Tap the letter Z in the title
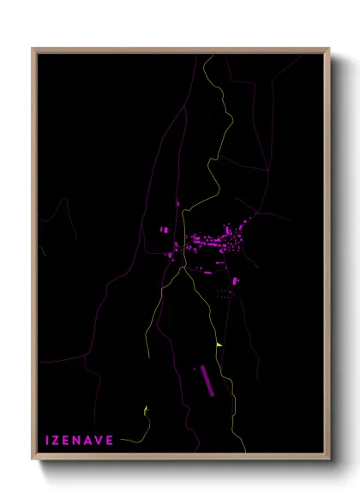tap(58, 440)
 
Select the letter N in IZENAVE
tap(83, 440)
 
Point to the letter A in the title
tap(96, 440)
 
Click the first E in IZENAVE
tap(71, 440)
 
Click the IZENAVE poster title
tap(84, 440)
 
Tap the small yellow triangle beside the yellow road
tap(219, 345)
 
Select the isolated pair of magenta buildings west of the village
tap(166, 230)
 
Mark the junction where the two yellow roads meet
tap(182, 267)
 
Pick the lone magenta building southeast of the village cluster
tap(235, 280)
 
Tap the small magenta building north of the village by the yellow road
tap(178, 205)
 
